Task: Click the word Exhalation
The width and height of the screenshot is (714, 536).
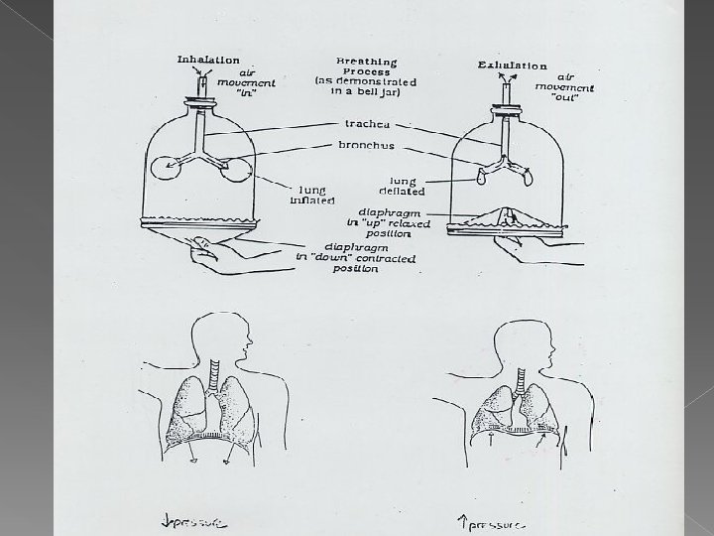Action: [512, 66]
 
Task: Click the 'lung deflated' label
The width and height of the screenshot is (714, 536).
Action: [402, 185]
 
